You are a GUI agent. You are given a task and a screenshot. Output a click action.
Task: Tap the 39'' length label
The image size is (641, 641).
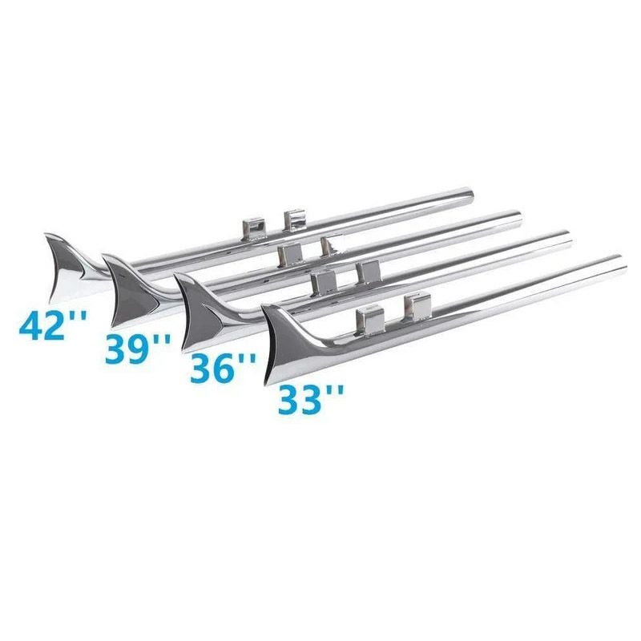(x=137, y=348)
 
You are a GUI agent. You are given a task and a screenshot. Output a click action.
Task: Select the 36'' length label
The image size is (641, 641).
(x=224, y=367)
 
